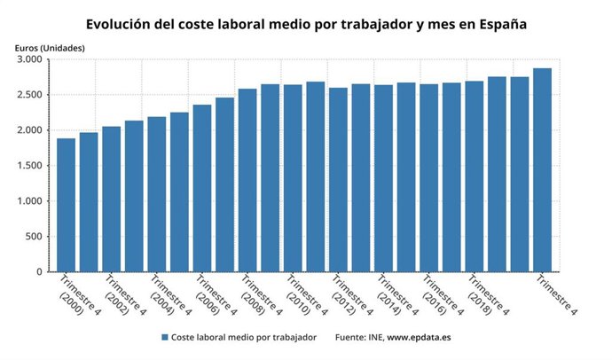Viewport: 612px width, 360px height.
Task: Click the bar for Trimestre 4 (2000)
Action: (66, 205)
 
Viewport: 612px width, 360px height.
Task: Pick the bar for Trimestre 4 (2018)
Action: (475, 176)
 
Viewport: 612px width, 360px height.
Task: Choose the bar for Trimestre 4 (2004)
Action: (157, 194)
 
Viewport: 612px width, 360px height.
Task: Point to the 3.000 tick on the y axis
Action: (30, 59)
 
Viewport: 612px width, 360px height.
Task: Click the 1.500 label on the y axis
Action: (30, 166)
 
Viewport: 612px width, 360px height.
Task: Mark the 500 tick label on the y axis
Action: (35, 237)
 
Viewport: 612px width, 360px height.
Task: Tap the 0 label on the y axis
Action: (40, 272)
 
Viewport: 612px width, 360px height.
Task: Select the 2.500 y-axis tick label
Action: (30, 95)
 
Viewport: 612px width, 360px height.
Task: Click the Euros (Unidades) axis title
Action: (50, 45)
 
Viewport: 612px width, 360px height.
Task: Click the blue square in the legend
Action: (165, 338)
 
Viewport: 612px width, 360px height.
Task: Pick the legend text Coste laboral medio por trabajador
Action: (244, 338)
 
